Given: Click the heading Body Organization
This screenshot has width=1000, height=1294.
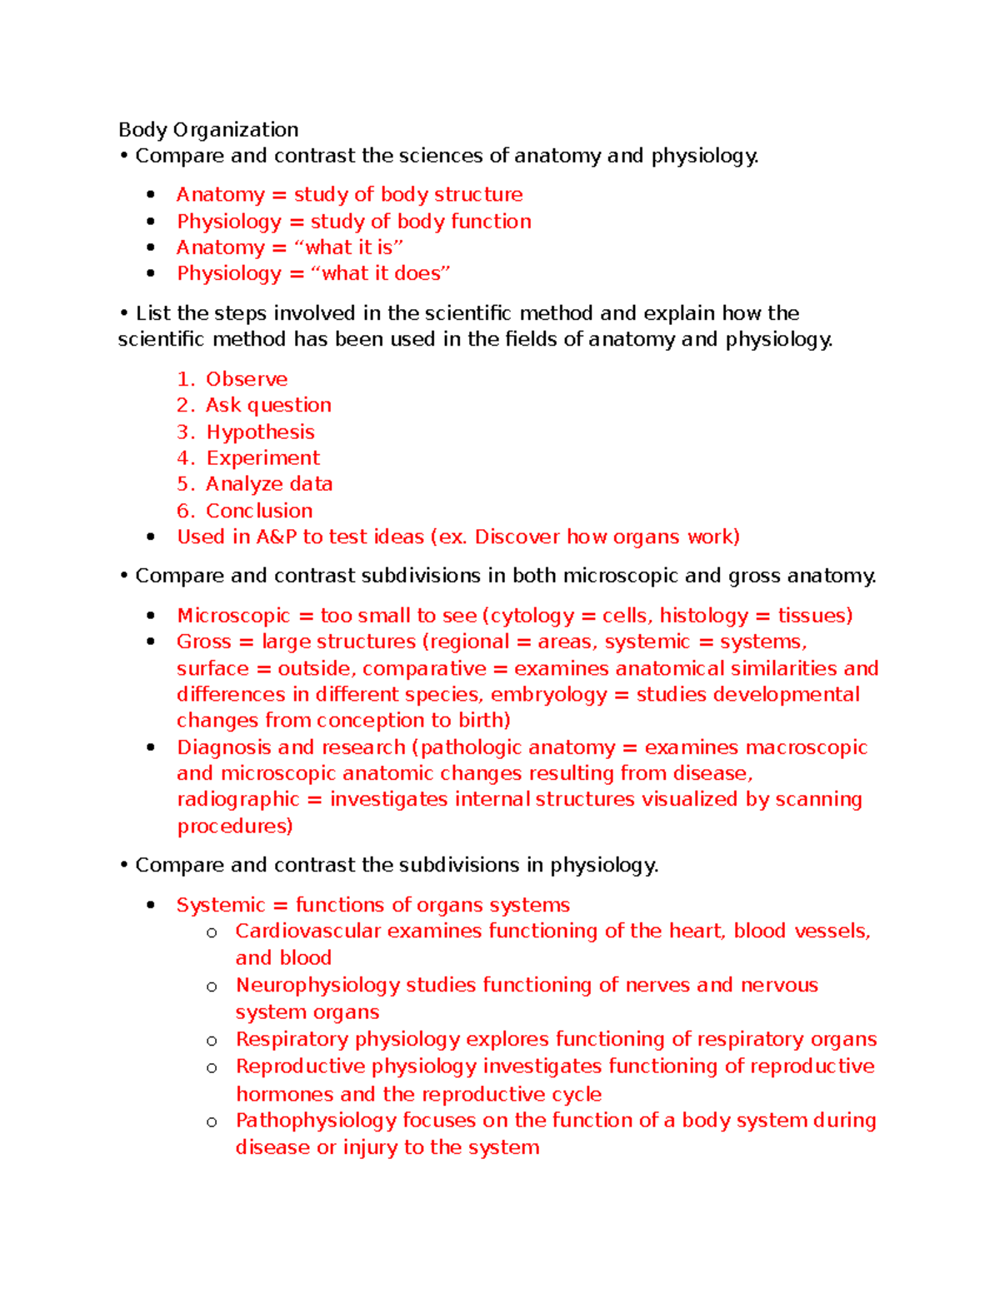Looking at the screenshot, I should click(208, 130).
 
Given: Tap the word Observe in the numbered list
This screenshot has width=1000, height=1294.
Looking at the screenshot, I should click(247, 379).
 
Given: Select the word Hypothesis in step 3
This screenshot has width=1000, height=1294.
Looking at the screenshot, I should click(260, 432).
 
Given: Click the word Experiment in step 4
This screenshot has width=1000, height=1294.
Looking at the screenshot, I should click(262, 458).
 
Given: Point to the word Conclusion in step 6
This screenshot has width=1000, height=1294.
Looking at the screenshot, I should click(259, 511).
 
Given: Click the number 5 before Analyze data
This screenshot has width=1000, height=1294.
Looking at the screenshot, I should click(182, 484).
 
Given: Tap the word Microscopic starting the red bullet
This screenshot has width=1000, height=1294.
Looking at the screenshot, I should click(233, 616).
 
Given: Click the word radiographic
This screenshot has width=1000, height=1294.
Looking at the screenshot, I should click(237, 800).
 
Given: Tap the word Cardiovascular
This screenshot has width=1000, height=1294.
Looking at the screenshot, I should click(307, 931).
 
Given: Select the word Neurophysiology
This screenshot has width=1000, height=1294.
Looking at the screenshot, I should click(317, 985).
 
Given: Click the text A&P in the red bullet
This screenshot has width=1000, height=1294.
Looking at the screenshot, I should click(276, 537).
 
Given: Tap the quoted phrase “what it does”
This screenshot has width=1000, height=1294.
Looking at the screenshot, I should click(380, 273).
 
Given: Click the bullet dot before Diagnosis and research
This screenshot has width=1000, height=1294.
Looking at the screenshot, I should click(151, 747).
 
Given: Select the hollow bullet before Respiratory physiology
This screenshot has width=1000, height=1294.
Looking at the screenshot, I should click(212, 1041).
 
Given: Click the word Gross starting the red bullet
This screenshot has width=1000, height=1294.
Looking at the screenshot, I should click(203, 642).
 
